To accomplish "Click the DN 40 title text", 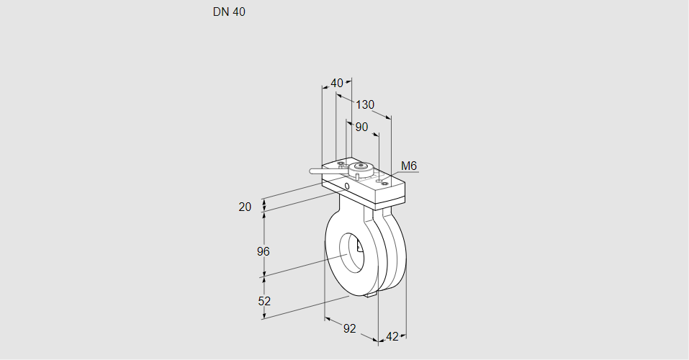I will [x=229, y=12].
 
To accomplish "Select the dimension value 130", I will [x=365, y=105].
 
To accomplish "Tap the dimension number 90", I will [x=361, y=127].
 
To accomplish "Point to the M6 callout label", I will [x=409, y=166].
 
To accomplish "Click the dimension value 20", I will [x=245, y=207].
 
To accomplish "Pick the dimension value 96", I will [x=263, y=251].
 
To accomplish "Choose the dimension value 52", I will [x=264, y=301].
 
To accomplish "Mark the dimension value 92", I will [x=349, y=328].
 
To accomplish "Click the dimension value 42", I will [x=392, y=336].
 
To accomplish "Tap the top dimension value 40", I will [x=337, y=83].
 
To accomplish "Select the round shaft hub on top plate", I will [x=361, y=168].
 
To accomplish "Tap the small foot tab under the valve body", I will [x=371, y=294].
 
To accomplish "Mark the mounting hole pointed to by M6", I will [x=384, y=184].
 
